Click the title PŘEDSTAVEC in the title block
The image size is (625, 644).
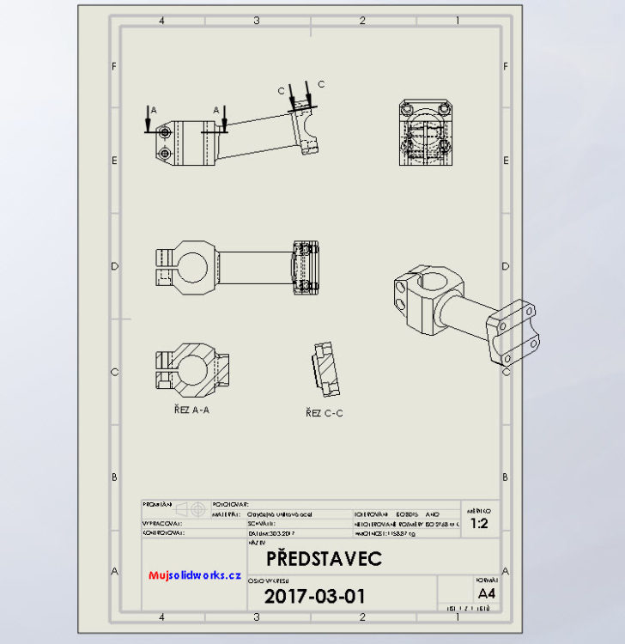pyautogui.click(x=323, y=559)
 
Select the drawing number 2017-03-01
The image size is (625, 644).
pyautogui.click(x=314, y=596)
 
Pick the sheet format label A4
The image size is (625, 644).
pyautogui.click(x=486, y=593)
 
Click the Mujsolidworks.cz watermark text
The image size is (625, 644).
pyautogui.click(x=194, y=575)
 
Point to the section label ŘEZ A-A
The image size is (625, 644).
pyautogui.click(x=191, y=410)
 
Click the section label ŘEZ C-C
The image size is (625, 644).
pyautogui.click(x=325, y=413)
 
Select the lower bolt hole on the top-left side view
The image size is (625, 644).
pyautogui.click(x=163, y=153)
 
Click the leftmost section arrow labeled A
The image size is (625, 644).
pyautogui.click(x=149, y=122)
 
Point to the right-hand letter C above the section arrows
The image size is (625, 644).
pyautogui.click(x=321, y=83)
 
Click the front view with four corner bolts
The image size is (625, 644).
pyautogui.click(x=424, y=136)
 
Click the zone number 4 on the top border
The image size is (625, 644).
pyautogui.click(x=161, y=20)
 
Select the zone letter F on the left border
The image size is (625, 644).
pyautogui.click(x=114, y=66)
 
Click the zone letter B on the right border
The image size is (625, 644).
pyautogui.click(x=506, y=477)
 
